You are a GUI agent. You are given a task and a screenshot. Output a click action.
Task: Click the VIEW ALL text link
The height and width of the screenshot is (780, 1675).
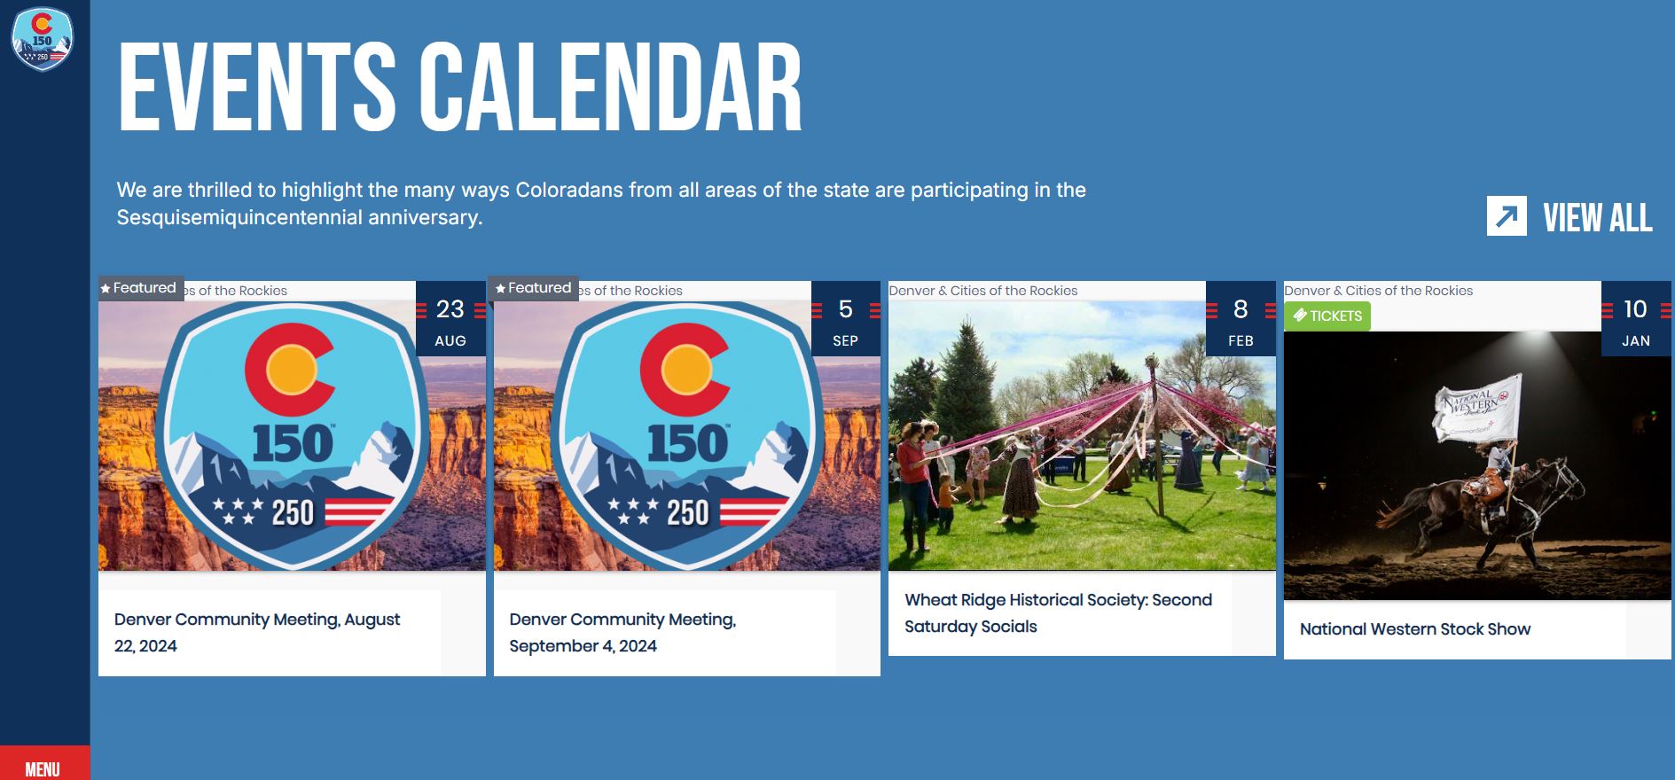(x=1597, y=218)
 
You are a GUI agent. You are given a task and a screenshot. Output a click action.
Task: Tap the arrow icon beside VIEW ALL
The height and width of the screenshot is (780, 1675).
(x=1507, y=216)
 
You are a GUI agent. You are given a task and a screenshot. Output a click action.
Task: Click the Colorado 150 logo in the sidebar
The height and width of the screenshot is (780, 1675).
(x=42, y=39)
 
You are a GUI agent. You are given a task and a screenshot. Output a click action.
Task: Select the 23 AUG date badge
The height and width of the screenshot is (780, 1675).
(x=450, y=320)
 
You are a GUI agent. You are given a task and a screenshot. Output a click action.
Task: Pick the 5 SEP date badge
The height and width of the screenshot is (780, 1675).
(x=845, y=320)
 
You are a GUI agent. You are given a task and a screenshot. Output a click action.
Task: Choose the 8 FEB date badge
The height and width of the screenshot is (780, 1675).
(x=1241, y=320)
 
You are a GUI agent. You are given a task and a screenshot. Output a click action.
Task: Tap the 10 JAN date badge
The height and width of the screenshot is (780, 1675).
(x=1635, y=320)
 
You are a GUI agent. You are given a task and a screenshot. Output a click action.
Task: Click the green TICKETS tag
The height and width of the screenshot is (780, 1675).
(x=1327, y=316)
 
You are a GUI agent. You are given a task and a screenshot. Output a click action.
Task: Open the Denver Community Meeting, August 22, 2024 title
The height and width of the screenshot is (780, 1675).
(x=257, y=632)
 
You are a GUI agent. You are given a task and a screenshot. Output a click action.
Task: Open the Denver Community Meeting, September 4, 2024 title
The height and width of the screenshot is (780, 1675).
(x=622, y=632)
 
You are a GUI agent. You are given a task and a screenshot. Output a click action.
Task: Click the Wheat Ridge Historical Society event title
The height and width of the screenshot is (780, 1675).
(x=1058, y=612)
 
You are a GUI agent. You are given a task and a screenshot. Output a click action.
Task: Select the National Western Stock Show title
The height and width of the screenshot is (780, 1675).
(x=1414, y=629)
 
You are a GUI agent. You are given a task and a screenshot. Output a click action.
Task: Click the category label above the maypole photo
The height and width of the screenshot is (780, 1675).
(x=983, y=291)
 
